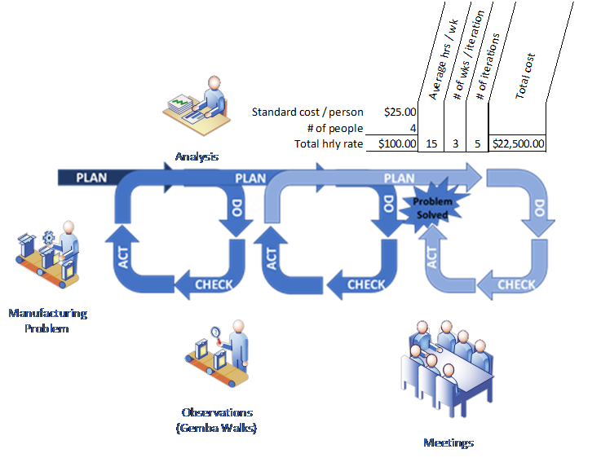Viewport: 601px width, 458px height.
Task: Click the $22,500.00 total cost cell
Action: point(517,143)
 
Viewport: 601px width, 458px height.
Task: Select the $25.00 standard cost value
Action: point(400,112)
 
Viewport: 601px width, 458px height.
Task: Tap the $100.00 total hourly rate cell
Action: point(397,143)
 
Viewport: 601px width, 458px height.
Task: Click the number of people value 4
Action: point(413,128)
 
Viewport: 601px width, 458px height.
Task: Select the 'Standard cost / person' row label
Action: point(307,112)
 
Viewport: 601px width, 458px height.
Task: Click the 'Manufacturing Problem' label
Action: point(46,320)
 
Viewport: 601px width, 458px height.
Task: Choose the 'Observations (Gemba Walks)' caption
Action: point(216,420)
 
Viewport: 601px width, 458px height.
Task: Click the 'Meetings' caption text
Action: point(448,443)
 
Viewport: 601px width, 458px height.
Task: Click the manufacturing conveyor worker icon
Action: point(49,253)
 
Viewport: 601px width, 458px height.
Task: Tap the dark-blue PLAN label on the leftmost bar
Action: point(91,177)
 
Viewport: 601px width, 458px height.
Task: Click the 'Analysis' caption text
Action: point(197,156)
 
